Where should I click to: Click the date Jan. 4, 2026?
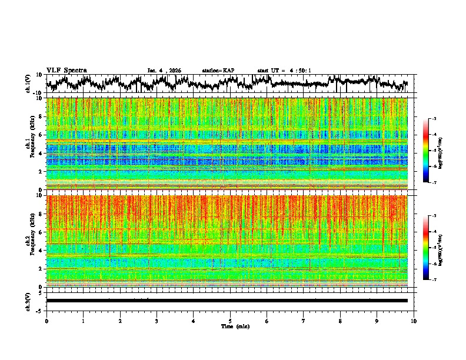pyautogui.click(x=164, y=71)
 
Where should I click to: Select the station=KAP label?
pyautogui.click(x=218, y=71)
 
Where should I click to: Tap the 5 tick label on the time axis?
pyautogui.click(x=230, y=321)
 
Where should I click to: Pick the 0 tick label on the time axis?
pyautogui.click(x=46, y=321)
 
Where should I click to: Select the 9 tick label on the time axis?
pyautogui.click(x=377, y=321)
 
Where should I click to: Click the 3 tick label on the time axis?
pyautogui.click(x=157, y=321)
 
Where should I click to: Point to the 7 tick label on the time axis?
pyautogui.click(x=304, y=321)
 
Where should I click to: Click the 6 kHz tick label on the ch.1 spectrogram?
pyautogui.click(x=42, y=135)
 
